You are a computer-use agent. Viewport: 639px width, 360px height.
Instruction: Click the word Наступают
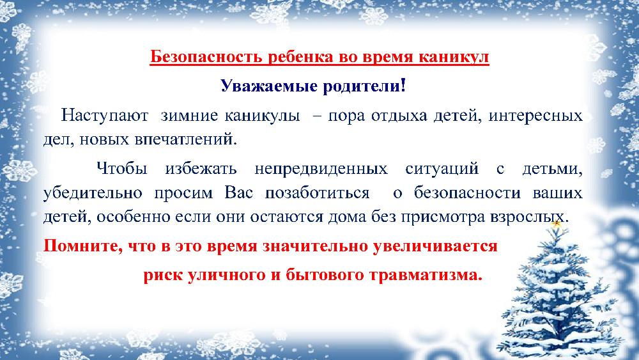[104, 116]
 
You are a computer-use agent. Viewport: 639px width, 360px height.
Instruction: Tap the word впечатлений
[186, 140]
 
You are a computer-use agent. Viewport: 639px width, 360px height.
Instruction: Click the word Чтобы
[122, 168]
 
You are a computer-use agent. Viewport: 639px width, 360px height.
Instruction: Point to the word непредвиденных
[321, 169]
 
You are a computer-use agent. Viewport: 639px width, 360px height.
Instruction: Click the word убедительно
[93, 192]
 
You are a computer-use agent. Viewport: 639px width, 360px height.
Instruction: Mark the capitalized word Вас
[238, 192]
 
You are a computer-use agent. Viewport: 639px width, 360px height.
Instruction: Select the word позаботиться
[317, 192]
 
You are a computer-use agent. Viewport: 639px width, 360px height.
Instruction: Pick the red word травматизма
[426, 275]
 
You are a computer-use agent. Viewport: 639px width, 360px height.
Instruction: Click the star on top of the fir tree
[557, 223]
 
